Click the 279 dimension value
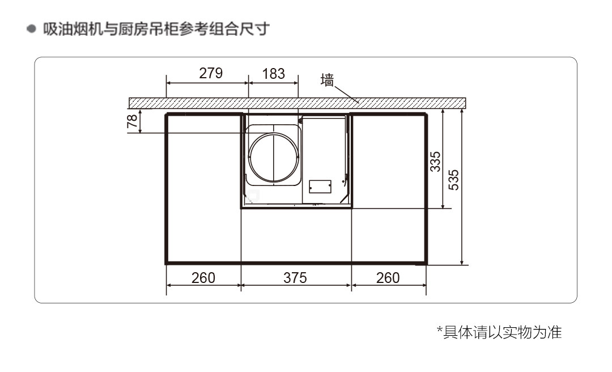pyautogui.click(x=211, y=73)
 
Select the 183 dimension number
pyautogui.click(x=273, y=73)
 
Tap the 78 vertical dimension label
pyautogui.click(x=131, y=122)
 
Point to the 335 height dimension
pyautogui.click(x=435, y=161)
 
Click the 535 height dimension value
pyautogui.click(x=454, y=180)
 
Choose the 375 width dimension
pyautogui.click(x=295, y=277)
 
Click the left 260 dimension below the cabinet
pyautogui.click(x=203, y=277)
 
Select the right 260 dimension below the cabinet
pyautogui.click(x=388, y=277)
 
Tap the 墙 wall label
pyautogui.click(x=328, y=80)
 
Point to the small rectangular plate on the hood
pyautogui.click(x=320, y=187)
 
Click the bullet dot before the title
pyautogui.click(x=32, y=29)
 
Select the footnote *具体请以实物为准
pyautogui.click(x=499, y=332)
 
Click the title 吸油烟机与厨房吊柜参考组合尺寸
pyautogui.click(x=156, y=29)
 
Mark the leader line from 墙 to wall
pyautogui.click(x=346, y=94)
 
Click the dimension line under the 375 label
pyautogui.click(x=295, y=286)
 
